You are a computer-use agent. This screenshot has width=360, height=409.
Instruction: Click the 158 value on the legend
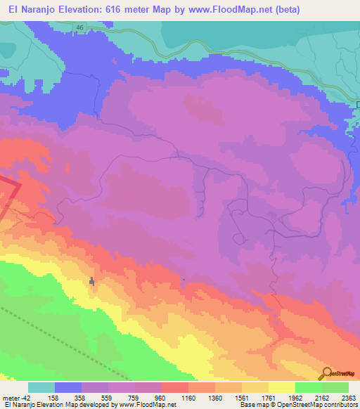68,397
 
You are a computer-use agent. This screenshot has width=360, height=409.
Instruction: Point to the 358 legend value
95,397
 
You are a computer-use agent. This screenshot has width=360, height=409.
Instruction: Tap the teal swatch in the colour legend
41,387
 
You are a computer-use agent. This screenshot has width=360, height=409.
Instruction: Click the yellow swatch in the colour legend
281,387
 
